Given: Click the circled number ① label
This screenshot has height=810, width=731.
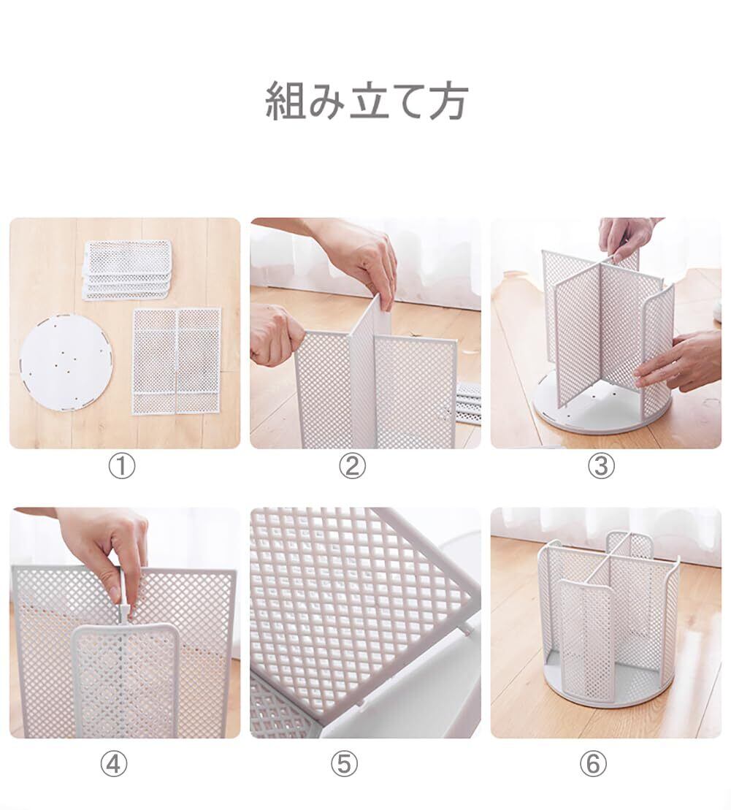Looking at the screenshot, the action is pyautogui.click(x=121, y=467).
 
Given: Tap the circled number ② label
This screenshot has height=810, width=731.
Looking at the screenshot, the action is pyautogui.click(x=352, y=467).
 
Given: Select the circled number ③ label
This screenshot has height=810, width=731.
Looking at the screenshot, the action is pyautogui.click(x=601, y=467).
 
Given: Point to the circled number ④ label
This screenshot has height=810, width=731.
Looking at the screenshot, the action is pyautogui.click(x=114, y=763).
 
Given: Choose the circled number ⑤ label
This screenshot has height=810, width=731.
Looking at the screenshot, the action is pyautogui.click(x=344, y=763).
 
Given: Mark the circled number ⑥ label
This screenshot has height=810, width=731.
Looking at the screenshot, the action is pyautogui.click(x=593, y=763).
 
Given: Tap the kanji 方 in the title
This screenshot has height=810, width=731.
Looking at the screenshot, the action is pyautogui.click(x=448, y=102).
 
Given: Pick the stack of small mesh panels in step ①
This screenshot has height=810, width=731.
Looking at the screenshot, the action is pyautogui.click(x=126, y=270).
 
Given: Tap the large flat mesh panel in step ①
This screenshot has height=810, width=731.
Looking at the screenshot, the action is pyautogui.click(x=177, y=361).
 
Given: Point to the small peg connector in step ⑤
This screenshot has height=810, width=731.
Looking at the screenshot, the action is pyautogui.click(x=467, y=627).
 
